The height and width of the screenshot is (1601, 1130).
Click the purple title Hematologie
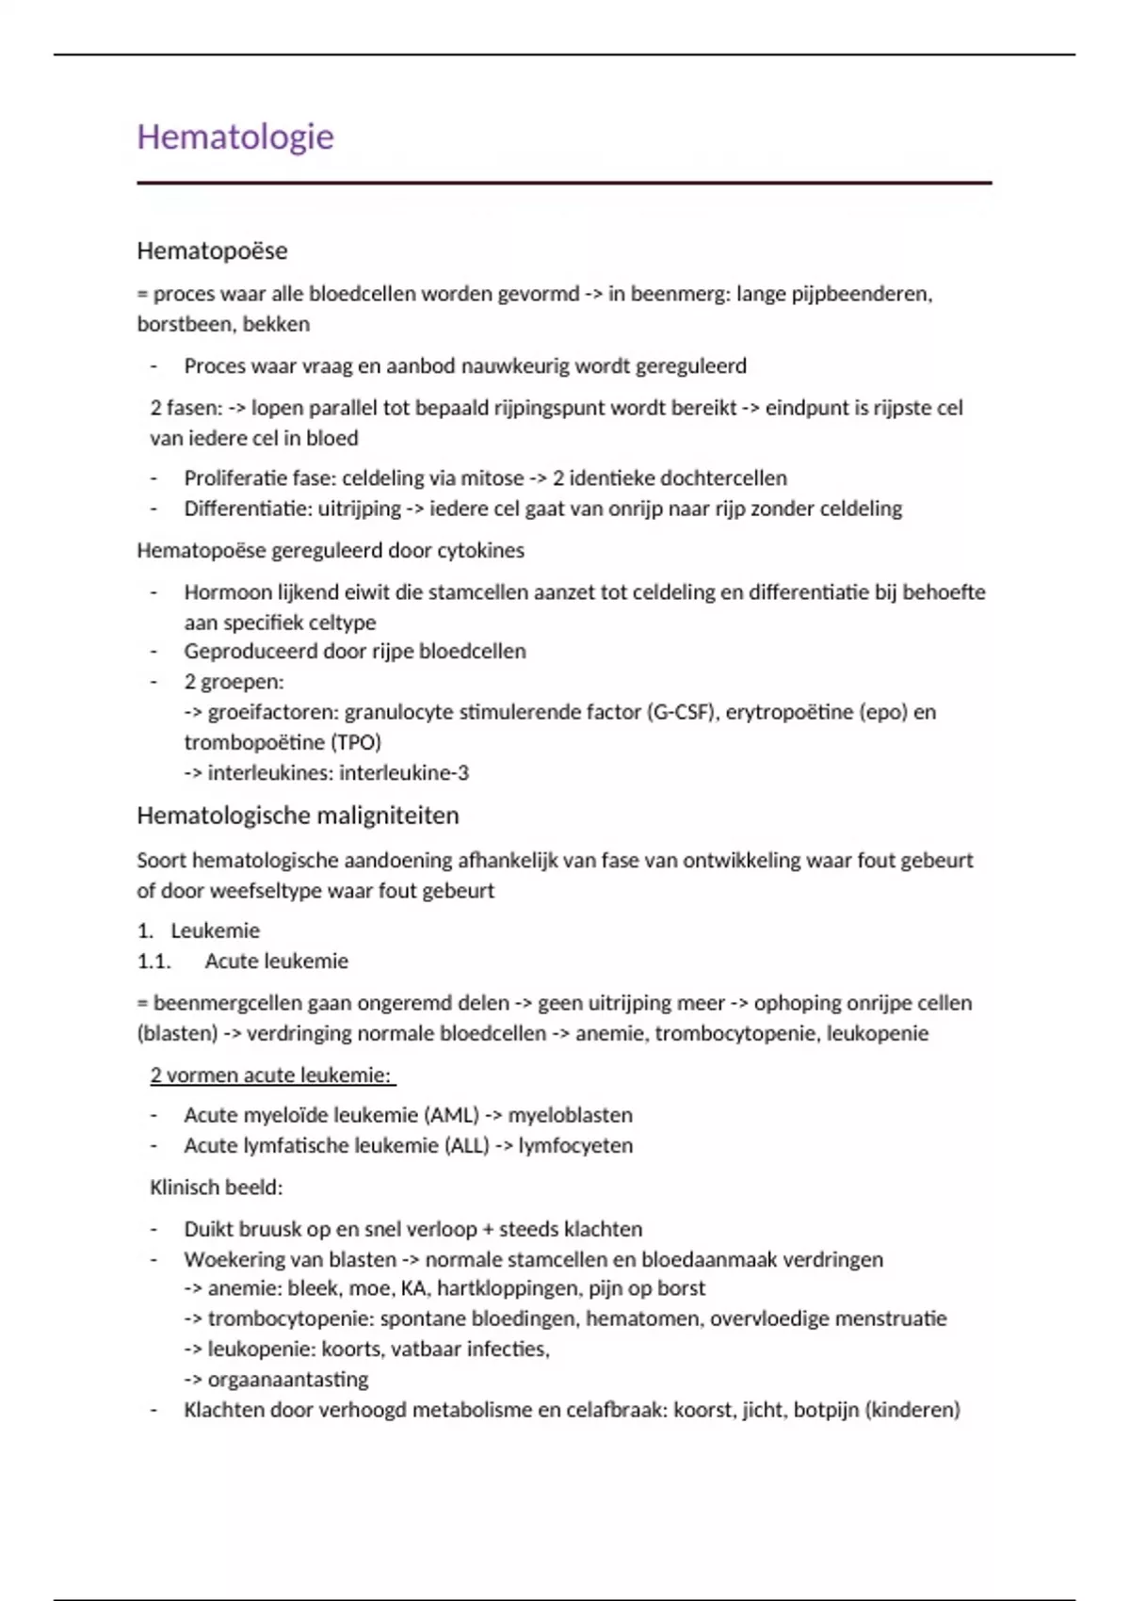coord(235,137)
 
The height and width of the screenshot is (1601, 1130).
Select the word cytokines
coord(481,550)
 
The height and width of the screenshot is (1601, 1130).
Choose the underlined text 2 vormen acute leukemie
coord(271,1075)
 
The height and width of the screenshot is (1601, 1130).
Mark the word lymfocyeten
coord(575,1146)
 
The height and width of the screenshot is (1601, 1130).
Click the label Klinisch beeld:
coord(217,1188)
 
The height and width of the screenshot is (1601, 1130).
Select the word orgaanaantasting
coord(288,1380)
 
